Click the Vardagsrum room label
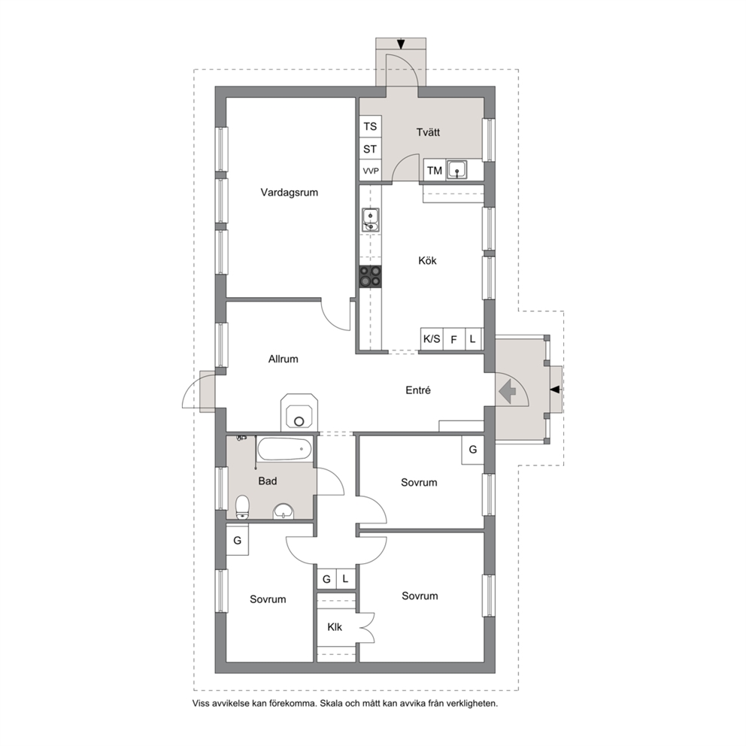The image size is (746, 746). click(x=289, y=193)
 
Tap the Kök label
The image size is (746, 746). click(x=427, y=260)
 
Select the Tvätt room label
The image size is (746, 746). click(x=428, y=132)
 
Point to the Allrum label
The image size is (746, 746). click(x=283, y=359)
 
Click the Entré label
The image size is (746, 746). click(x=418, y=390)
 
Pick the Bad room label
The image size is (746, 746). click(x=268, y=481)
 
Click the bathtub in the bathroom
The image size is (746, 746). click(x=284, y=449)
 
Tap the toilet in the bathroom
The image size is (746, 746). click(x=243, y=507)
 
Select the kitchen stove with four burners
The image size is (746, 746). click(x=370, y=277)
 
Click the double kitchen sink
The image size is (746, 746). click(x=370, y=220)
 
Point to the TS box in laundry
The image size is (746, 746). click(x=370, y=126)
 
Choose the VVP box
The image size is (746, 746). click(x=371, y=170)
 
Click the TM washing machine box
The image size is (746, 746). click(x=435, y=170)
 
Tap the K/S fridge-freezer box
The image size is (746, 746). click(x=432, y=339)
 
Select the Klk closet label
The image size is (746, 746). click(x=335, y=627)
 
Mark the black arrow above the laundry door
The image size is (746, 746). click(x=401, y=44)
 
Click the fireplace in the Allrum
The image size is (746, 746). click(x=299, y=411)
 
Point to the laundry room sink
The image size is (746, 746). click(x=456, y=170)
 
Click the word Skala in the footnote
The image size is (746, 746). click(x=331, y=703)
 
